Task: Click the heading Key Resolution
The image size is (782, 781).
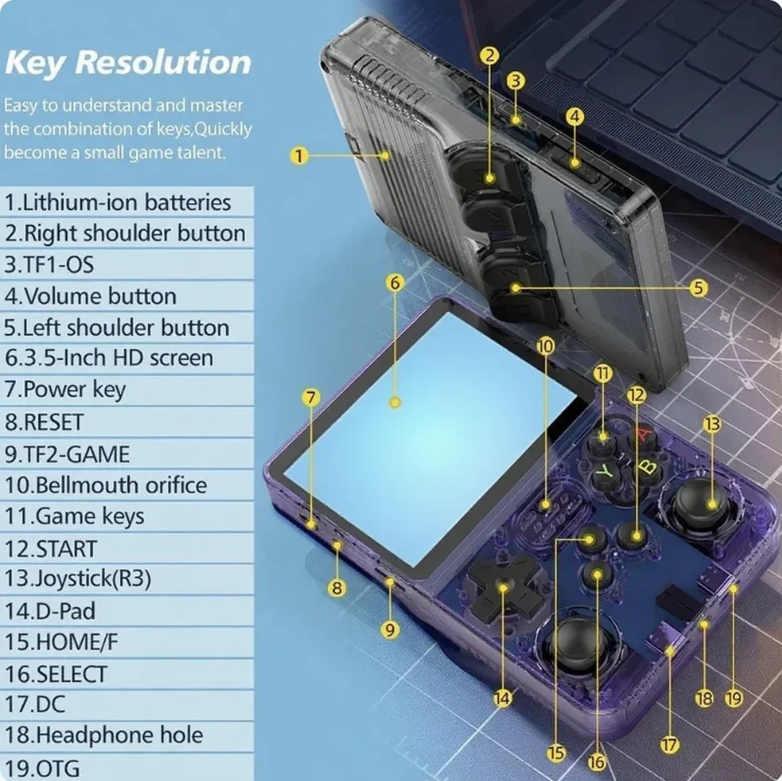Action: point(127,62)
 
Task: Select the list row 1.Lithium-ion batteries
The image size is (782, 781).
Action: point(126,202)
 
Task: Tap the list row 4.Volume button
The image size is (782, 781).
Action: point(126,296)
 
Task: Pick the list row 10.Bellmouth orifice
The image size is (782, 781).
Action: point(126,484)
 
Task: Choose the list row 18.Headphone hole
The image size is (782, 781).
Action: point(126,735)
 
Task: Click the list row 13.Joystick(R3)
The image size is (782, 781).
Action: point(126,579)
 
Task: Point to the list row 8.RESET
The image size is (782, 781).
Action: point(126,422)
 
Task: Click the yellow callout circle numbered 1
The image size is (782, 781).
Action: point(299,156)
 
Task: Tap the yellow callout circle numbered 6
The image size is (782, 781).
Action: point(395,283)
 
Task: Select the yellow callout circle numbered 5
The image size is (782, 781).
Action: point(698,288)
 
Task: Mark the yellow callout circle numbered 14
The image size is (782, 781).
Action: point(502,698)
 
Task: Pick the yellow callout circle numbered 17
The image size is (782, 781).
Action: point(670,744)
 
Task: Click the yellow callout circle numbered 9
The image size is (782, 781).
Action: point(390,630)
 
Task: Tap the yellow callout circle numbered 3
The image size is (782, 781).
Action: point(516,81)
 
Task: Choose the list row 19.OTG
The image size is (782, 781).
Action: point(126,767)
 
